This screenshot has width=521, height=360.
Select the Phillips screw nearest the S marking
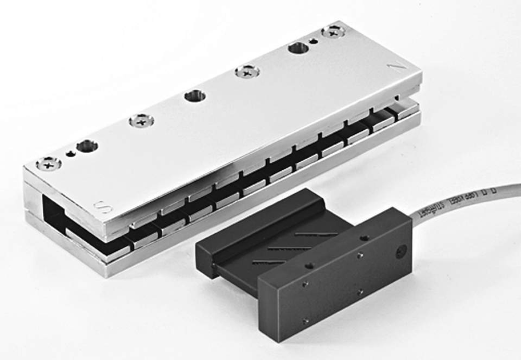point(49,163)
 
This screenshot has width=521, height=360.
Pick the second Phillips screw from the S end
point(141,121)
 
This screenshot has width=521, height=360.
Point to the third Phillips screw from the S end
point(247,72)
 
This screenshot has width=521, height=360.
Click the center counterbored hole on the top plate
point(195,97)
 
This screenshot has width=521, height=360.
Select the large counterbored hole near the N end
point(298,48)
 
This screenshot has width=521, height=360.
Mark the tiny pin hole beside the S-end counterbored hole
point(70,153)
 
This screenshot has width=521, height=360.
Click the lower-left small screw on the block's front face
point(306,322)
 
